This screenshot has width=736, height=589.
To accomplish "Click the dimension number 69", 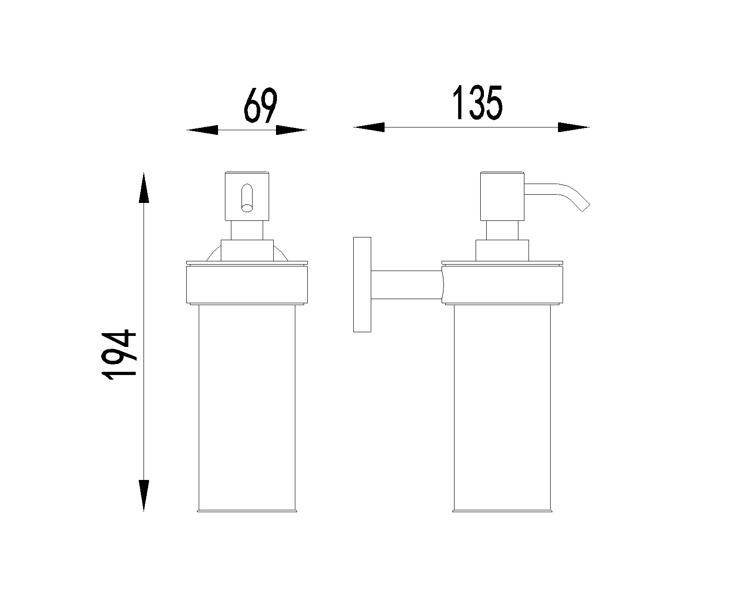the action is click(260, 105).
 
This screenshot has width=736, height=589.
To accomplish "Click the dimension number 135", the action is click(477, 102).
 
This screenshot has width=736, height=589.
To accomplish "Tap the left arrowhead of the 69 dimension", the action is click(202, 130).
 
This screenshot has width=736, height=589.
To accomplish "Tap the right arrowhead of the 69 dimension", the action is click(291, 130).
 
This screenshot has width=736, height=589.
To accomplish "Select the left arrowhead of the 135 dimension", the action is click(368, 127).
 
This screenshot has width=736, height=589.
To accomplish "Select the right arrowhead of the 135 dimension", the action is click(574, 127).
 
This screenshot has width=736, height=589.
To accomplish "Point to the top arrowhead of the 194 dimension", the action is click(144, 188).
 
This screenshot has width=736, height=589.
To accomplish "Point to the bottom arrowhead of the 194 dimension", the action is click(144, 496).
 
